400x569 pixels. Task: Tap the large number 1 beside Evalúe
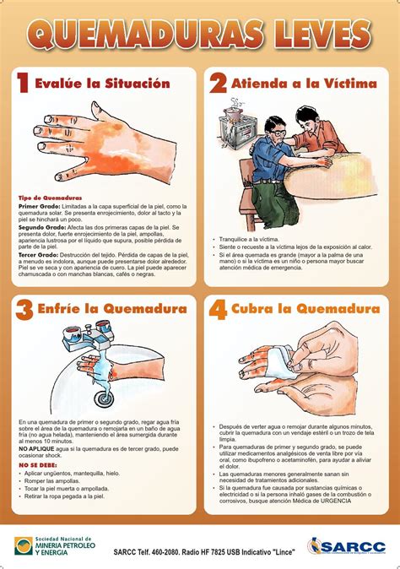tap(23, 84)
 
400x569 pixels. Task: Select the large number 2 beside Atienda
tap(218, 84)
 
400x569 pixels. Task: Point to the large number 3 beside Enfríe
tap(23, 310)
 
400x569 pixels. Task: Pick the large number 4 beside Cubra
tap(218, 310)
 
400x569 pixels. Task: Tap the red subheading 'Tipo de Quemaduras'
tap(50, 198)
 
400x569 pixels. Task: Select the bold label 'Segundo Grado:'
tap(42, 227)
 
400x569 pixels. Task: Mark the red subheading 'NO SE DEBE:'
tap(38, 465)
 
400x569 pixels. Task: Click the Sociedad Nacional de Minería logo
tap(55, 545)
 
